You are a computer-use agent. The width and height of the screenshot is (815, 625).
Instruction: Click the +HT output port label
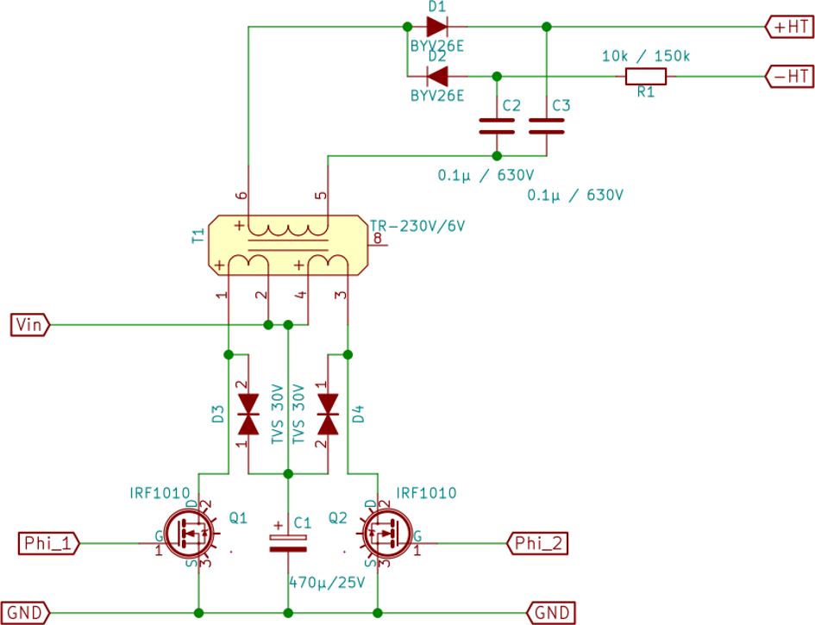pyautogui.click(x=789, y=27)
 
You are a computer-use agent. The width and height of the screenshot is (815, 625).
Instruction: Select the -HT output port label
pyautogui.click(x=789, y=77)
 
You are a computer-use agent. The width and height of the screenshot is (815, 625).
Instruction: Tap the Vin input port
pyautogui.click(x=30, y=325)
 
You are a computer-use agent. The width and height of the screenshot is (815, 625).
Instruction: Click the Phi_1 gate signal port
pyautogui.click(x=48, y=543)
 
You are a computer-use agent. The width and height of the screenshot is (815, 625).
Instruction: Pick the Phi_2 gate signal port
pyautogui.click(x=537, y=543)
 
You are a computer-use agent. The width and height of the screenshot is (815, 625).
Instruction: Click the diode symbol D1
pyautogui.click(x=437, y=27)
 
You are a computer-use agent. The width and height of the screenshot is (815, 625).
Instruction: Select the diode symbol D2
pyautogui.click(x=437, y=77)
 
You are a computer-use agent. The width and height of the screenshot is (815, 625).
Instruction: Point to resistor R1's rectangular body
pyautogui.click(x=646, y=77)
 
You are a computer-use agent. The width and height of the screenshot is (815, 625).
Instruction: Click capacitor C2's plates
pyautogui.click(x=497, y=126)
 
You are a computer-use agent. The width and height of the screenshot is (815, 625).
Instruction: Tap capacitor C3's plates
pyautogui.click(x=546, y=126)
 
